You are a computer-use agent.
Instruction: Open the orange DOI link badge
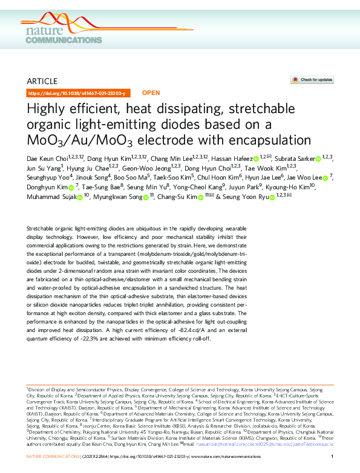coord(77,93)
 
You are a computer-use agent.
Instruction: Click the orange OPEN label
coord(151,93)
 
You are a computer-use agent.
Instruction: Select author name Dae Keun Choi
coord(47,158)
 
